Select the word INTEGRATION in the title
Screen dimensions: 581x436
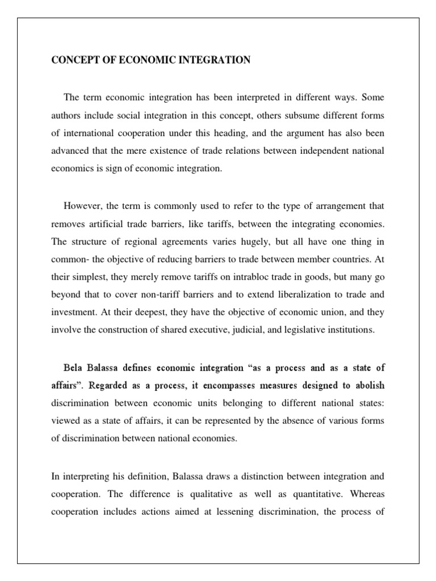[x=215, y=60]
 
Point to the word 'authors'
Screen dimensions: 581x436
[x=66, y=116]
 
